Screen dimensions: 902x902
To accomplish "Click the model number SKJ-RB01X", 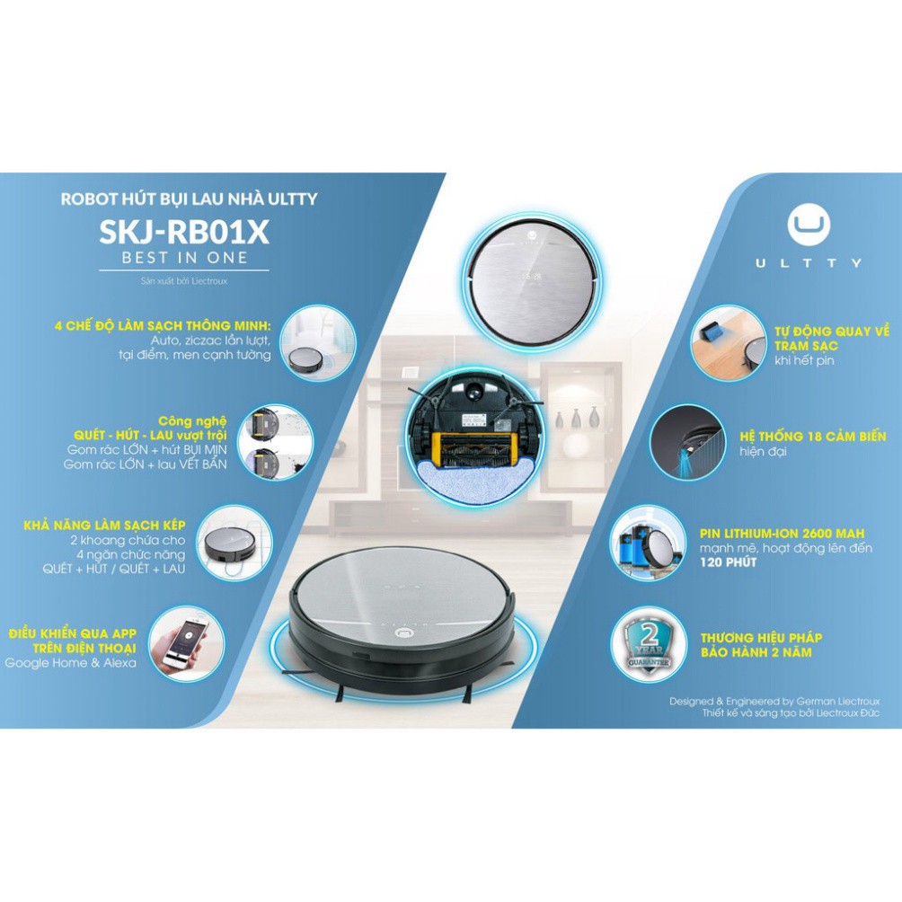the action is point(184,231).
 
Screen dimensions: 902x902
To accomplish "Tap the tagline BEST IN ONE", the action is point(185,258).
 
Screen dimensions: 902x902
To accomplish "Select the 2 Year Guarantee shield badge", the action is point(650,646).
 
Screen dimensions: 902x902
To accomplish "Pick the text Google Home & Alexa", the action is point(71,663).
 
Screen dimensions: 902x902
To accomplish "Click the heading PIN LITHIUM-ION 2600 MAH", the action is point(782,534).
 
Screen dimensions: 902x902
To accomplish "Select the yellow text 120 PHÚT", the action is point(728,562).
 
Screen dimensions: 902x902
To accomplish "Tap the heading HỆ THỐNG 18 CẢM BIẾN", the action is point(812,436).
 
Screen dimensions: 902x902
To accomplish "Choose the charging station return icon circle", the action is point(729,343).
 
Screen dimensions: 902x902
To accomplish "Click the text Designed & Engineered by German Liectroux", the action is point(774,702).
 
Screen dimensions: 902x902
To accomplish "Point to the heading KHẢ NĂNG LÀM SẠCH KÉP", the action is point(104,526).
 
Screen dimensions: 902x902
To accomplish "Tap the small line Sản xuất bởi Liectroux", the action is point(184,281).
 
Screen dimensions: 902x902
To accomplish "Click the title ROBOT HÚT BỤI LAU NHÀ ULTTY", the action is point(190,199).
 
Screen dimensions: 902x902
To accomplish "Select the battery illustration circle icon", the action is point(648,544).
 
